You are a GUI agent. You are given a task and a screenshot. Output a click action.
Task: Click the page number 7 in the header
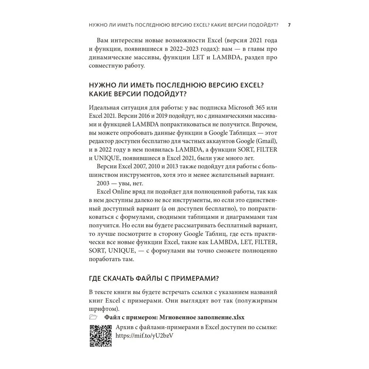point(289,25)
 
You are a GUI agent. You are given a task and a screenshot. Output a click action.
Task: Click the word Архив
point(125,327)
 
